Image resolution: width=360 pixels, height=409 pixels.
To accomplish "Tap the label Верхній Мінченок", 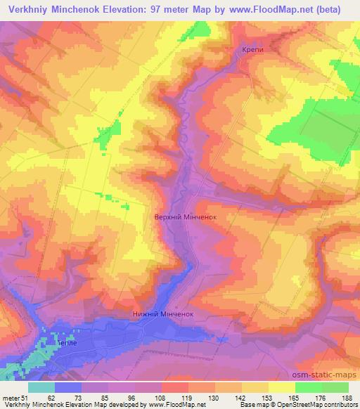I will (x=184, y=218).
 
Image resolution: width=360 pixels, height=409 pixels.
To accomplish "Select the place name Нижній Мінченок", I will (x=162, y=315).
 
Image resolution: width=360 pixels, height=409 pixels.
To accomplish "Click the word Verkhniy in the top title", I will (x=30, y=10).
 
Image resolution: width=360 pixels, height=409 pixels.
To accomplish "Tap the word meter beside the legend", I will (x=10, y=398).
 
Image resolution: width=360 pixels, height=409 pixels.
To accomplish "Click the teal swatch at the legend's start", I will (x=41, y=387).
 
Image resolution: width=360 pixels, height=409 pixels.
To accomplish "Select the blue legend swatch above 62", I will (x=68, y=387).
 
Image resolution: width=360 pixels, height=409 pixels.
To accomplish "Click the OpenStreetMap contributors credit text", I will (x=319, y=405).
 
